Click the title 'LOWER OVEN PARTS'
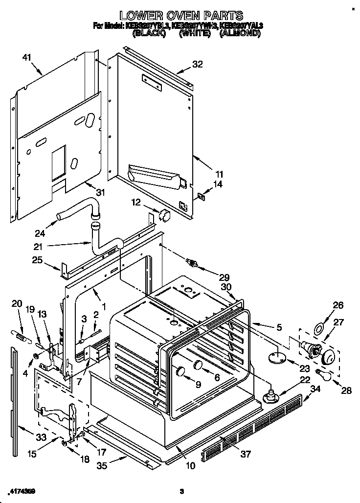pyautogui.click(x=181, y=17)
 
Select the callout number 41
pyautogui.click(x=26, y=58)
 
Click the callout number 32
pyautogui.click(x=198, y=64)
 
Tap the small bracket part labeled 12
pyautogui.click(x=164, y=214)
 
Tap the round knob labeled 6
pyautogui.click(x=198, y=364)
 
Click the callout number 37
pyautogui.click(x=245, y=454)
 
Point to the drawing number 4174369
pyautogui.click(x=22, y=491)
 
